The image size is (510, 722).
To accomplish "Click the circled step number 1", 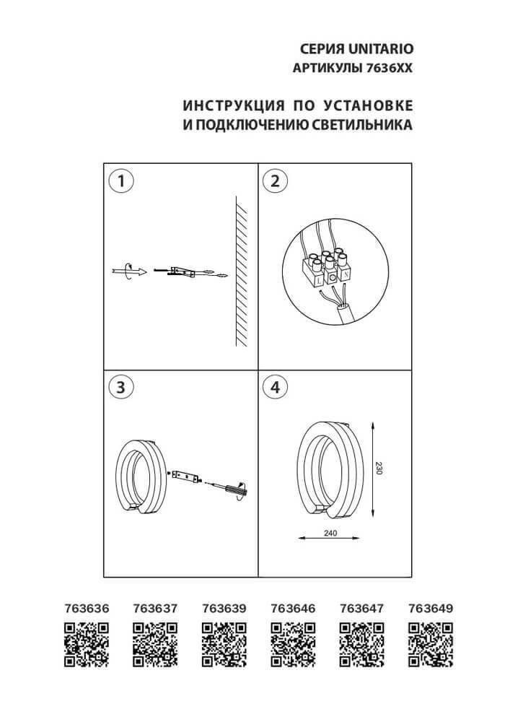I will [x=121, y=181].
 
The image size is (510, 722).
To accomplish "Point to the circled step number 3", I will [x=121, y=387].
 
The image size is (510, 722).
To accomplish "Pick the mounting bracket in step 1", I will [x=181, y=271].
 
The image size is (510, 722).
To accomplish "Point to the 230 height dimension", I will [x=379, y=468].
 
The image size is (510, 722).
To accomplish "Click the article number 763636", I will [x=87, y=608].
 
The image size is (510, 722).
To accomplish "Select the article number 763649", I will [x=430, y=608].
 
